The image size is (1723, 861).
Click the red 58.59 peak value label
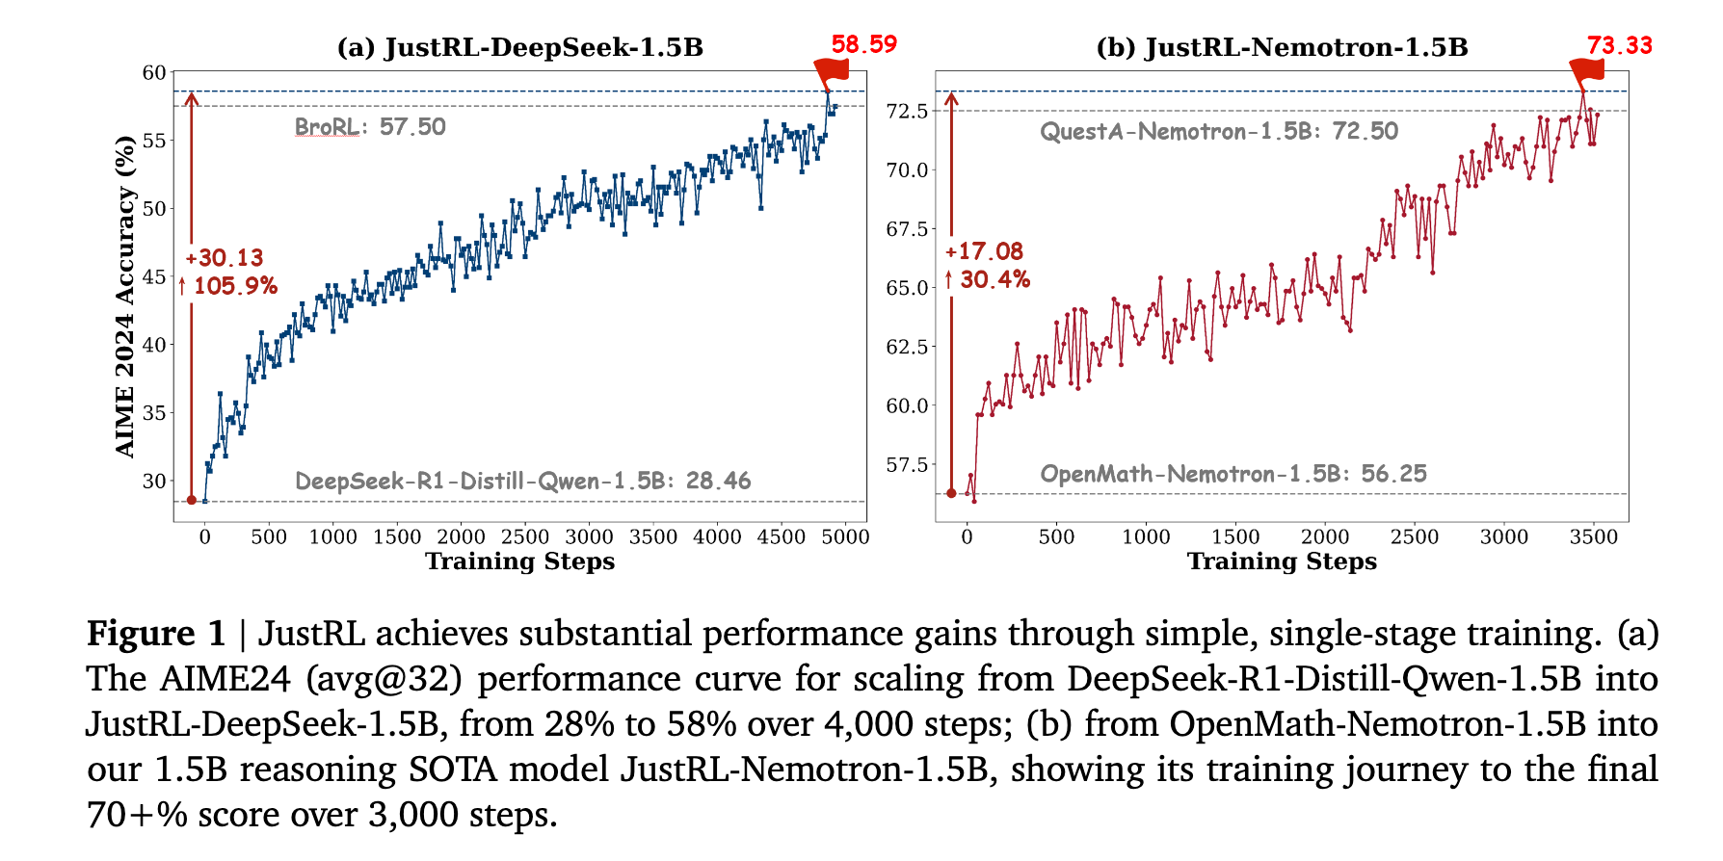click(x=863, y=44)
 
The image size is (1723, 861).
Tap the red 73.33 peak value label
click(x=1619, y=45)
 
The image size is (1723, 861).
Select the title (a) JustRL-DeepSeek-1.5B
click(x=519, y=47)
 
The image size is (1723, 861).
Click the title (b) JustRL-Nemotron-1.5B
click(x=1282, y=47)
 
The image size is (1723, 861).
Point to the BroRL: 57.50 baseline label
click(x=370, y=127)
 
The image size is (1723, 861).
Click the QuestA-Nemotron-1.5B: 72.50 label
click(x=1218, y=131)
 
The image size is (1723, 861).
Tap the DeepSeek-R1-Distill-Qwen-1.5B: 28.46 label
click(x=522, y=481)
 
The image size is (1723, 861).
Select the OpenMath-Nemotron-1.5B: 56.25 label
click(x=1233, y=474)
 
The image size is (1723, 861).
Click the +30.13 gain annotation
click(x=224, y=258)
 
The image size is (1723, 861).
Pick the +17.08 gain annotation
click(x=984, y=251)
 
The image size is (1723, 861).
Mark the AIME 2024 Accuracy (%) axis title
click(x=125, y=297)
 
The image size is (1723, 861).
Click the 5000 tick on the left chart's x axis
click(x=845, y=537)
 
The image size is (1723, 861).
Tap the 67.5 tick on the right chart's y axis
click(x=907, y=229)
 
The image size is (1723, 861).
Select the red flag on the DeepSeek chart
click(x=831, y=70)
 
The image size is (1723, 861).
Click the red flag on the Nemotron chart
click(x=1586, y=70)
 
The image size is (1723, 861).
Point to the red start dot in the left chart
click(x=191, y=500)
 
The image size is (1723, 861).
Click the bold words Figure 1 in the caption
click(x=156, y=634)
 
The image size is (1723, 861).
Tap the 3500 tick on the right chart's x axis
click(x=1593, y=537)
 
